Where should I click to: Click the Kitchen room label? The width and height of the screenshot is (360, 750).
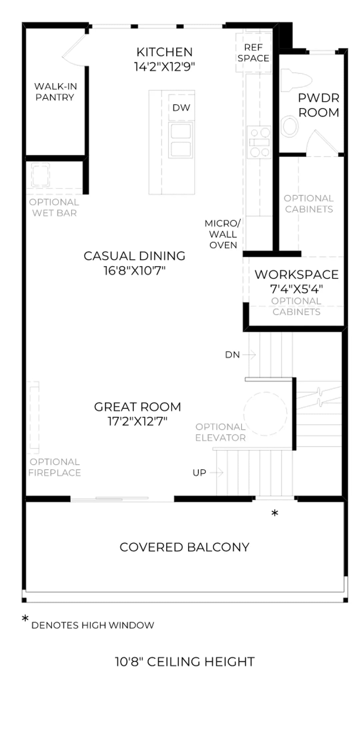(x=165, y=52)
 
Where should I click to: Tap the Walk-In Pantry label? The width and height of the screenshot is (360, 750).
(x=55, y=92)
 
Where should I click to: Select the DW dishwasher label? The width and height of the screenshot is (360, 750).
(x=181, y=108)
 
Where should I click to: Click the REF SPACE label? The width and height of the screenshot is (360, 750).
(x=253, y=53)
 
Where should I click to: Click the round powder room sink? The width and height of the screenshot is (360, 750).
(x=289, y=126)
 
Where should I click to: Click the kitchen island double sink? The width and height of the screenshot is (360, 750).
(x=181, y=140)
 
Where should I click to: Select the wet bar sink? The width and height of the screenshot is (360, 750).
(x=41, y=175)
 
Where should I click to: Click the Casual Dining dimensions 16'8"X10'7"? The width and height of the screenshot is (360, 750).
(x=135, y=270)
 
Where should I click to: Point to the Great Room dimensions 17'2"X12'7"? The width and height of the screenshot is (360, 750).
(x=137, y=421)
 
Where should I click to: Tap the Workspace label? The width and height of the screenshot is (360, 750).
(x=297, y=274)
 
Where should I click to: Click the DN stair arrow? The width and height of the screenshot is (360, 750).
(x=249, y=355)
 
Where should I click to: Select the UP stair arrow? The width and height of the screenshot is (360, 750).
(x=216, y=472)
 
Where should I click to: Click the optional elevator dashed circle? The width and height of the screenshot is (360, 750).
(x=265, y=414)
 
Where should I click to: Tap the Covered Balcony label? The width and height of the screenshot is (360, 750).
(x=184, y=547)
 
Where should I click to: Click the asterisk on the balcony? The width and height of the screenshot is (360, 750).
(x=275, y=513)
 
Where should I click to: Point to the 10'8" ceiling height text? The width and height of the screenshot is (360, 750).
(x=185, y=662)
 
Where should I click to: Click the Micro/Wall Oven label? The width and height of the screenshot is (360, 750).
(x=223, y=234)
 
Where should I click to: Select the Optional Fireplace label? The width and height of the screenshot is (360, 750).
(x=55, y=467)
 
